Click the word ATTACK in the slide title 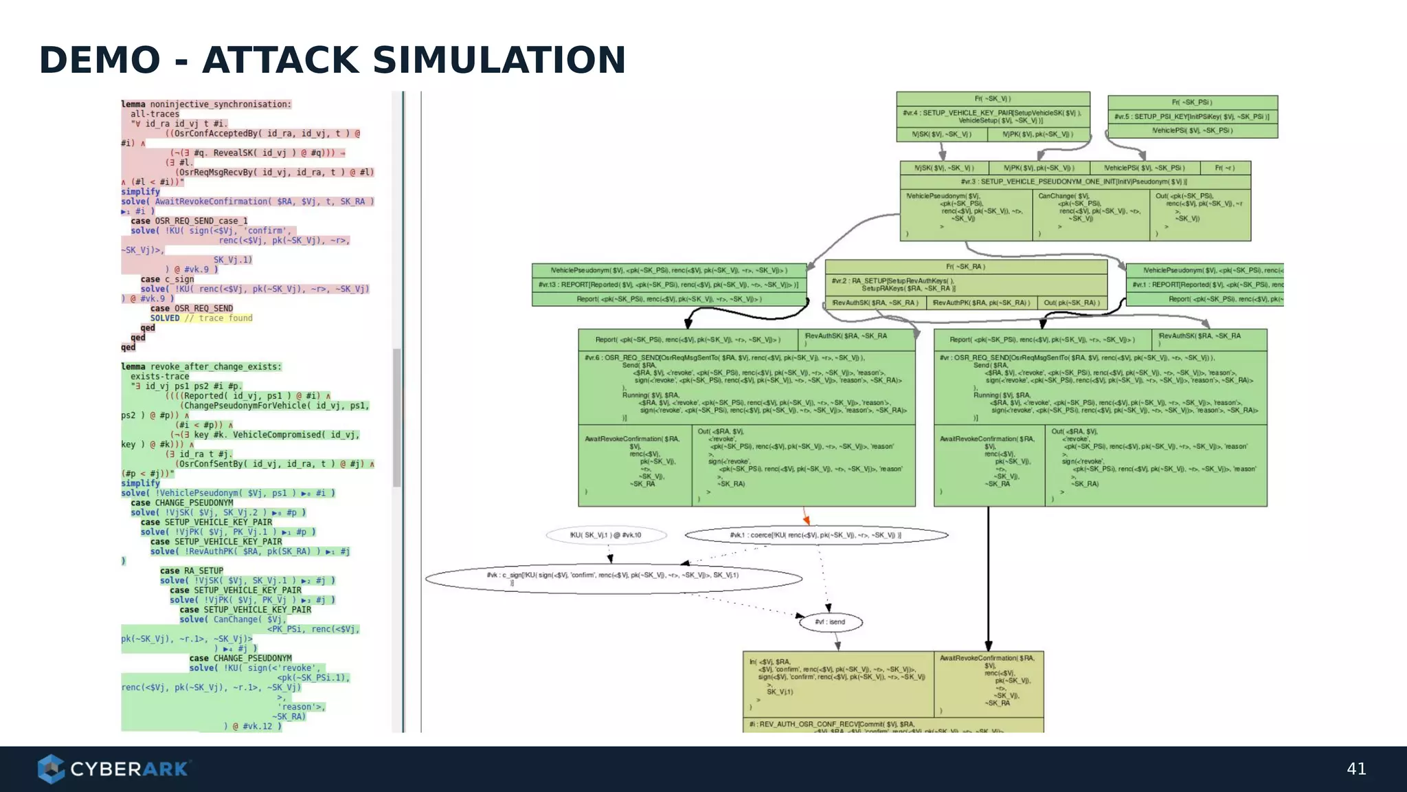[280, 60]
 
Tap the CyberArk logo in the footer [114, 769]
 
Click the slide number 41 [1356, 769]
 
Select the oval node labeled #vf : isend [831, 622]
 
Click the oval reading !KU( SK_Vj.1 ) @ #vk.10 [606, 535]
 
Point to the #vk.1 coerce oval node [816, 535]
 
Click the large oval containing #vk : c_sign [613, 578]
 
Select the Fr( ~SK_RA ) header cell [965, 267]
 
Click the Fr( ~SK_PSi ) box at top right [1192, 102]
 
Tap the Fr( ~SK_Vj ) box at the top [993, 99]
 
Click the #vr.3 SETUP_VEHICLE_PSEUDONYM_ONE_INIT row [1074, 182]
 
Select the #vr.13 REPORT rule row [668, 285]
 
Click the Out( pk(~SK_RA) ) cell [1071, 303]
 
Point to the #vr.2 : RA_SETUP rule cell [965, 285]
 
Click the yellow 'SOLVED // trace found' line [201, 318]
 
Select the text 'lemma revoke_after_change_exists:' [201, 367]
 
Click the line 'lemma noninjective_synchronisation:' [206, 104]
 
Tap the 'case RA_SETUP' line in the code [192, 571]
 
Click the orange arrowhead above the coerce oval [807, 520]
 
